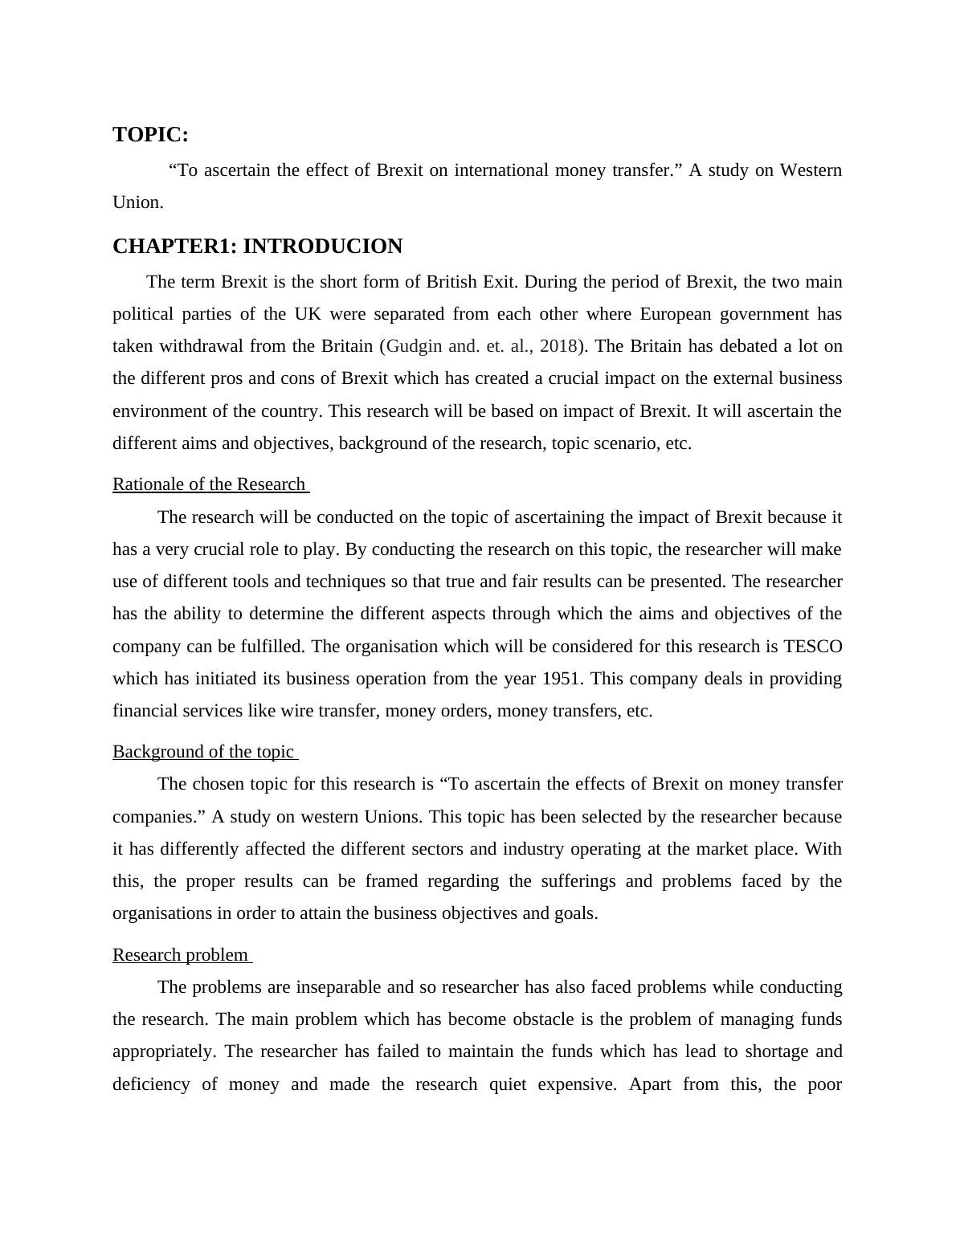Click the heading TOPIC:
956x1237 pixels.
click(150, 135)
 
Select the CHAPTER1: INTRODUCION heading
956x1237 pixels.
click(257, 247)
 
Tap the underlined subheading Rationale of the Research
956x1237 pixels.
click(209, 484)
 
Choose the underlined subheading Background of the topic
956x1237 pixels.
click(203, 752)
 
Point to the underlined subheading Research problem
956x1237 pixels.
click(181, 955)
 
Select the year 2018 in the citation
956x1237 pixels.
click(558, 346)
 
